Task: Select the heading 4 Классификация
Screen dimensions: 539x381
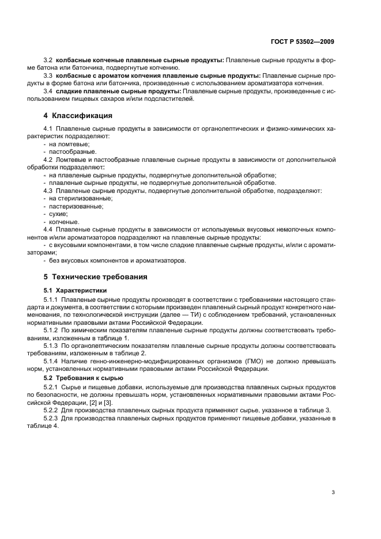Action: point(78,115)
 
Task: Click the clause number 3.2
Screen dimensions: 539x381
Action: point(48,60)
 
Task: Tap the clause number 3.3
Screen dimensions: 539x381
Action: point(48,75)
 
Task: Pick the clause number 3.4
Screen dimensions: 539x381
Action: point(48,91)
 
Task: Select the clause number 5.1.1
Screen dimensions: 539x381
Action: point(52,299)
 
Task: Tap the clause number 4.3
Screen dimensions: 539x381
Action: point(48,190)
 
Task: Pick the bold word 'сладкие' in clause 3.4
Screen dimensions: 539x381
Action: point(71,91)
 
